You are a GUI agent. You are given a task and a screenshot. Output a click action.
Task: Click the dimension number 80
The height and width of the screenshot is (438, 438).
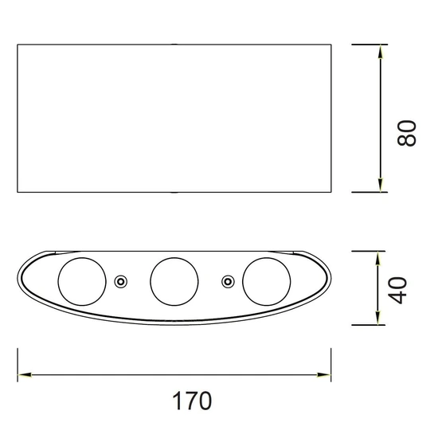[x=407, y=133]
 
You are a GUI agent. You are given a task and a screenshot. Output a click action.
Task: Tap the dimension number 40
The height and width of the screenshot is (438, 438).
[x=397, y=291]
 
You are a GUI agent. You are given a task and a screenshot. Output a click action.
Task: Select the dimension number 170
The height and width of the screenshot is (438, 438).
[x=192, y=401]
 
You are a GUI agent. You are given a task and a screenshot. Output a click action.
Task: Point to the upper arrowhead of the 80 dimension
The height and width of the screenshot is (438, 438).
[x=380, y=52]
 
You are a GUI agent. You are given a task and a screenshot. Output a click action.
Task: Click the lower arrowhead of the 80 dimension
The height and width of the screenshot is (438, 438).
[x=380, y=185]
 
